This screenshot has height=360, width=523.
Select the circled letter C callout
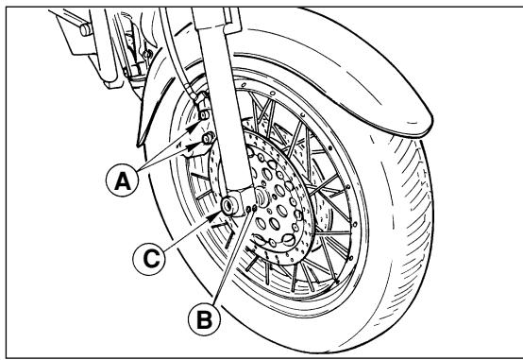pos(168,253)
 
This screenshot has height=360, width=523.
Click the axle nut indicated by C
pos(230,205)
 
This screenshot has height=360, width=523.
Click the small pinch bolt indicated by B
pos(250,200)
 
